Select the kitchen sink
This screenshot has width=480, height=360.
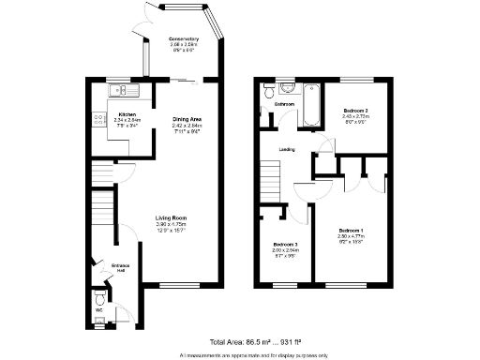click(x=118, y=90)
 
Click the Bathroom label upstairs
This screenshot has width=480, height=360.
click(x=285, y=104)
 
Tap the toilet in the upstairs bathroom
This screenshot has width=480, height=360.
click(x=270, y=91)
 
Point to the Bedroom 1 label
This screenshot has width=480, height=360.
click(x=351, y=231)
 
